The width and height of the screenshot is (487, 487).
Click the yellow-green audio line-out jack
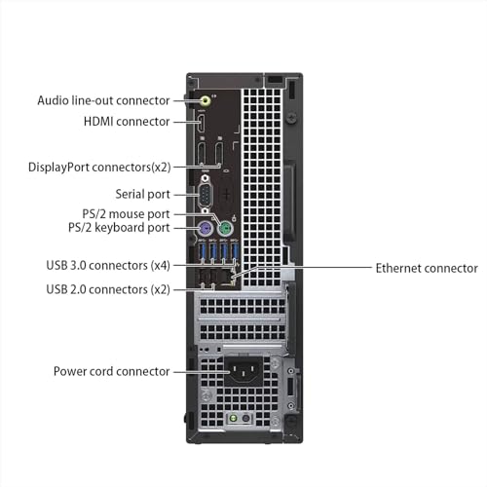[x=206, y=100]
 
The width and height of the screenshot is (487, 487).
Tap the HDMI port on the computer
[x=202, y=122]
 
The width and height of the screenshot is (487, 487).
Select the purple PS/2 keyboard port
[x=205, y=229]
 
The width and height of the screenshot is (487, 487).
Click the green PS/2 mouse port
[x=226, y=229]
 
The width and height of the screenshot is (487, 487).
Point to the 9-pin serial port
[x=206, y=195]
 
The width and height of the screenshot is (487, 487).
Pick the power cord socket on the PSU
[x=243, y=372]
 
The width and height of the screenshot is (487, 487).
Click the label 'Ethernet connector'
[x=427, y=268]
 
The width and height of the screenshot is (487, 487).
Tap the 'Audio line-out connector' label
[x=103, y=100]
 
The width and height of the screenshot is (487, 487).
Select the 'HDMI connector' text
[x=127, y=122]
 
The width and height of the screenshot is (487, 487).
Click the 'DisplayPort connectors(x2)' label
[x=99, y=168]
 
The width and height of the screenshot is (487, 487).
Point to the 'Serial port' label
[x=142, y=194]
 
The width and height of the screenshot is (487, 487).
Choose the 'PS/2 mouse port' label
[x=126, y=214]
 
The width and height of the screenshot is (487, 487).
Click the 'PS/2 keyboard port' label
[x=119, y=228]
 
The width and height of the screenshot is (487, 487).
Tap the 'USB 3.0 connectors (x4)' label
[x=108, y=265]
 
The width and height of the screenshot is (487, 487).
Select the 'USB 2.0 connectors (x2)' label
[x=108, y=289]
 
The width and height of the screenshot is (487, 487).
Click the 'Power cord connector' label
[x=111, y=371]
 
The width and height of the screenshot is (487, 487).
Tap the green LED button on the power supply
[x=233, y=418]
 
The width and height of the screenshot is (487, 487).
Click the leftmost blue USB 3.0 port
[x=203, y=251]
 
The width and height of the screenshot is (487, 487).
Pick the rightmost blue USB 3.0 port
[x=235, y=251]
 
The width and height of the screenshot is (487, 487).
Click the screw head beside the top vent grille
[x=292, y=117]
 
